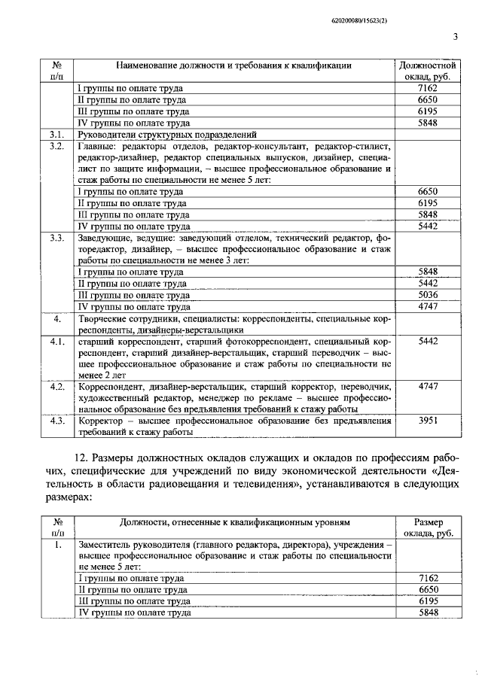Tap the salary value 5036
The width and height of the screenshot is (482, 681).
click(x=427, y=296)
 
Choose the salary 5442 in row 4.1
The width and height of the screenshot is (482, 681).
click(x=427, y=341)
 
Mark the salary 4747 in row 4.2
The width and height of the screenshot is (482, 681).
click(x=427, y=386)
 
